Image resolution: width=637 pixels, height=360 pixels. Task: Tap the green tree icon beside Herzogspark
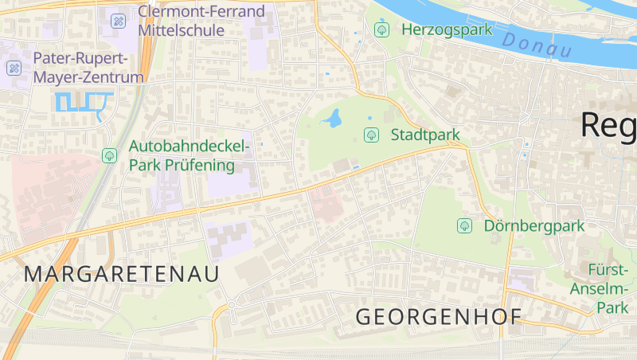pos(381,30)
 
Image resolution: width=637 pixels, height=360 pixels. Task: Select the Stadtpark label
pos(425,135)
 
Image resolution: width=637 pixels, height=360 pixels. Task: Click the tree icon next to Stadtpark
pos(370,135)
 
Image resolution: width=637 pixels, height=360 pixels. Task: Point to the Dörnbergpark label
pos(534,225)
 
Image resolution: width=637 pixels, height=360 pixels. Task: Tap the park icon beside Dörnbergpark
pos(464,225)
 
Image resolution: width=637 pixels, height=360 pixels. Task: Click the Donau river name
pos(537,45)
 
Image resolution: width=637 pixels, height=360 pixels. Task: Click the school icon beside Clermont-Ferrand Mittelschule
pos(118,21)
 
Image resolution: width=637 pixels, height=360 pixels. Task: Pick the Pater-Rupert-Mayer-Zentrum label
pos(88,68)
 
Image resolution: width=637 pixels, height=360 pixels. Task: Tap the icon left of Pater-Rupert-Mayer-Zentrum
pos(14,68)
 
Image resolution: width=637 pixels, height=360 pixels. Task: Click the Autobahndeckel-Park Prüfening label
pos(190,156)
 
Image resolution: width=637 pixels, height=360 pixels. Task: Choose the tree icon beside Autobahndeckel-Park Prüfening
pos(109,155)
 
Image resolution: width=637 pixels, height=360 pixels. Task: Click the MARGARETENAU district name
pos(121,274)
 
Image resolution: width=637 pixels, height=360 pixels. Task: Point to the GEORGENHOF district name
pos(438,316)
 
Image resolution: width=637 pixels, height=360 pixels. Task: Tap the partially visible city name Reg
pos(608,125)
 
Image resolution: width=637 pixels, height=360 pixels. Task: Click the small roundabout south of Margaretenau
pos(232,304)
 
